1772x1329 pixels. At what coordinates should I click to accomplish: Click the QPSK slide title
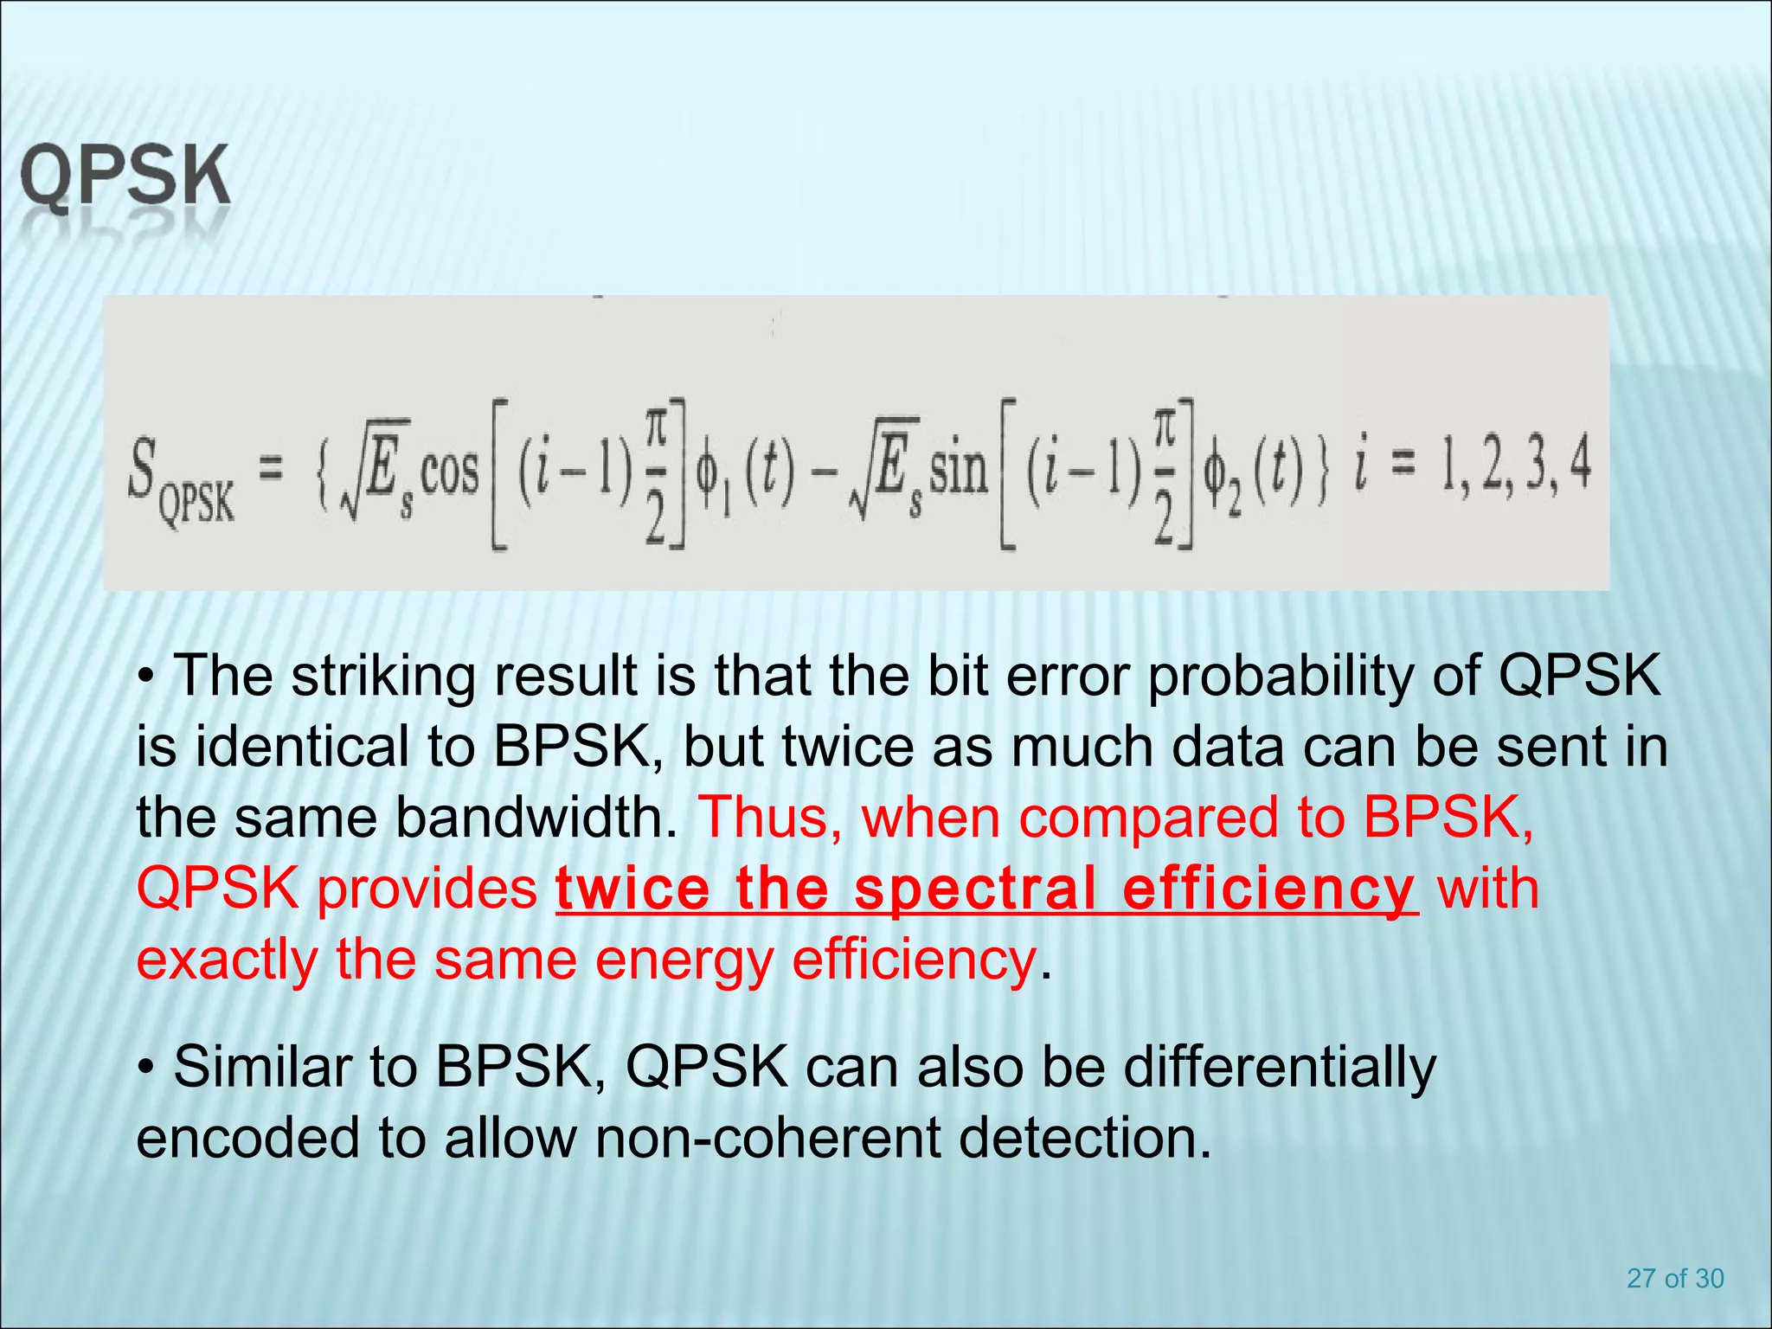tap(125, 177)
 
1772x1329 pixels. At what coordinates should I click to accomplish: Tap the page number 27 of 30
tap(1675, 1278)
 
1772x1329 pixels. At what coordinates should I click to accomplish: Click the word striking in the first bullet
tap(383, 677)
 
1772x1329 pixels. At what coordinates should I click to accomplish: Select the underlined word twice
tap(632, 889)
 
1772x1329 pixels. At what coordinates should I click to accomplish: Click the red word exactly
tap(228, 960)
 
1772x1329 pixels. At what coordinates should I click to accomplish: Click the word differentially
tap(1280, 1068)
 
